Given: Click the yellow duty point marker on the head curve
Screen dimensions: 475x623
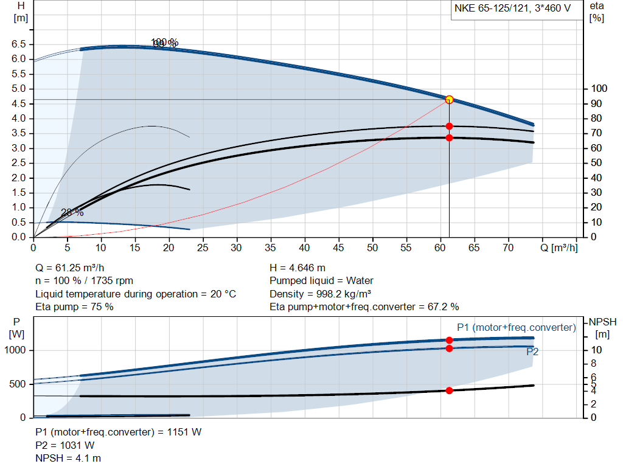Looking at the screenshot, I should click(449, 100).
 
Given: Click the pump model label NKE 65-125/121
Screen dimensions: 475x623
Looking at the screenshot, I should click(512, 9).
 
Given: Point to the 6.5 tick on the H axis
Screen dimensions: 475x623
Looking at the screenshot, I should click(18, 44).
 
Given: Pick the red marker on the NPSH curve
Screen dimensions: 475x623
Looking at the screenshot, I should click(449, 390).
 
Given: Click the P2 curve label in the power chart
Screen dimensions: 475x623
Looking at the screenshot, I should click(532, 352).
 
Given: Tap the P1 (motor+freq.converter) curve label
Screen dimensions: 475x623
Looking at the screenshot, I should click(516, 328).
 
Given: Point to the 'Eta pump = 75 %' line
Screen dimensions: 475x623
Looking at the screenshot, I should click(75, 307).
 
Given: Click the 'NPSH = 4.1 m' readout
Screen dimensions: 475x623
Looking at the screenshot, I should click(68, 457).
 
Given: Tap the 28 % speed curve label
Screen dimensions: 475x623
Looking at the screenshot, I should click(72, 212).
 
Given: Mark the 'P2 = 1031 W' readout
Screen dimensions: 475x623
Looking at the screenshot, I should click(65, 445).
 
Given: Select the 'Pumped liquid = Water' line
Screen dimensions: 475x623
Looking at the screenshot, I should click(321, 280).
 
